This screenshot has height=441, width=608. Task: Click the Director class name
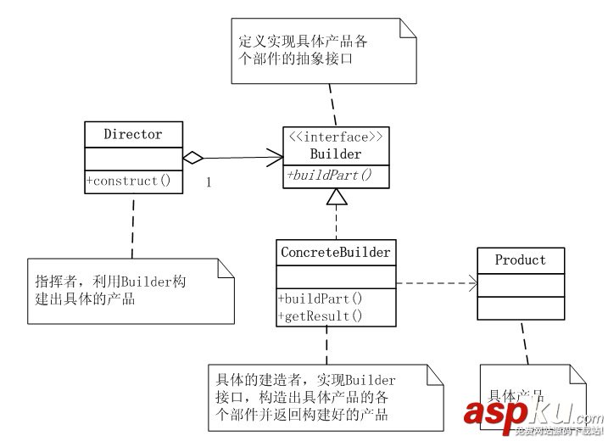coord(132,134)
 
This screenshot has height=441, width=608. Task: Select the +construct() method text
coord(128,180)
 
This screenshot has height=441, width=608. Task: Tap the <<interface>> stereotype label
coord(337,137)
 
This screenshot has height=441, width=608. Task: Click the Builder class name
coord(337,154)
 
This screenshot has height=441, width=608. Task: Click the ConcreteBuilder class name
coord(335,252)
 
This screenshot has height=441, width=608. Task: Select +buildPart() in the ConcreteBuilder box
coord(321,299)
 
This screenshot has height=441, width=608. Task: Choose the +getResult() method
coord(321,315)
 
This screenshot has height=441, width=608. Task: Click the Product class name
coord(521,260)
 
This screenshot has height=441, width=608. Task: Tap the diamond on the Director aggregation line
coord(194,157)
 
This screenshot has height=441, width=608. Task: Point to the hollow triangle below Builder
coord(337,197)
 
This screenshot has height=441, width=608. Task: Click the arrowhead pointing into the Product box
coord(471,284)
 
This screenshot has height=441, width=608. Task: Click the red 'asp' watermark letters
coord(493,412)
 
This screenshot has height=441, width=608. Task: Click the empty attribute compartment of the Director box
coord(133,157)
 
